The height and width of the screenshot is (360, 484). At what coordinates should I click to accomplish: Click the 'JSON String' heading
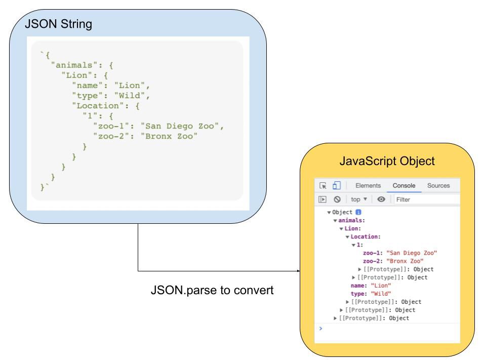click(59, 25)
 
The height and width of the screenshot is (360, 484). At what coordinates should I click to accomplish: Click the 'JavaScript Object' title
click(387, 161)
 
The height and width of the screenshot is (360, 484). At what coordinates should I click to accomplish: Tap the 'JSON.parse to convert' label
click(212, 291)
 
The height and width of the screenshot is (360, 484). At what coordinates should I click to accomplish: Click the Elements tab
click(368, 186)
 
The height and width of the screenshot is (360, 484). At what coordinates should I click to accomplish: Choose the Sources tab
click(438, 186)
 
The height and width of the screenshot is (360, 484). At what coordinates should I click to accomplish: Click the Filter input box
click(425, 199)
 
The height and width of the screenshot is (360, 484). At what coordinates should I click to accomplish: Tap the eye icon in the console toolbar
click(381, 199)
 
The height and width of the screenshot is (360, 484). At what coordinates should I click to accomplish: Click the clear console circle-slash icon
click(337, 199)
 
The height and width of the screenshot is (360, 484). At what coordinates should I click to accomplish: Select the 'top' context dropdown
click(358, 199)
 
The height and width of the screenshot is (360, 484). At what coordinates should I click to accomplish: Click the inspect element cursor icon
click(322, 186)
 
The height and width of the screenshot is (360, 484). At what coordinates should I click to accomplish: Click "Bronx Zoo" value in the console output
click(405, 261)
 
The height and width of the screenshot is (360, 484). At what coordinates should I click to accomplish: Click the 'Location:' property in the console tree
click(366, 236)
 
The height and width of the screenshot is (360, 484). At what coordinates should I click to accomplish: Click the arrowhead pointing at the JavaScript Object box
click(298, 271)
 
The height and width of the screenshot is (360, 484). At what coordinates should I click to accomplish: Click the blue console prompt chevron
click(320, 328)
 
